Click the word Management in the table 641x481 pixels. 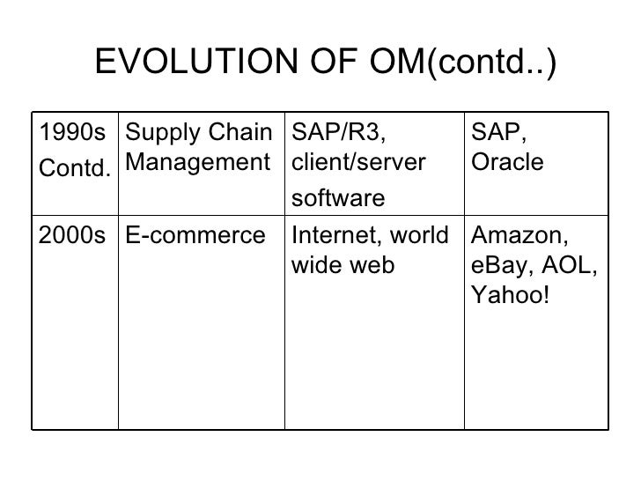click(196, 162)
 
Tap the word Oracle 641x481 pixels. click(507, 162)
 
